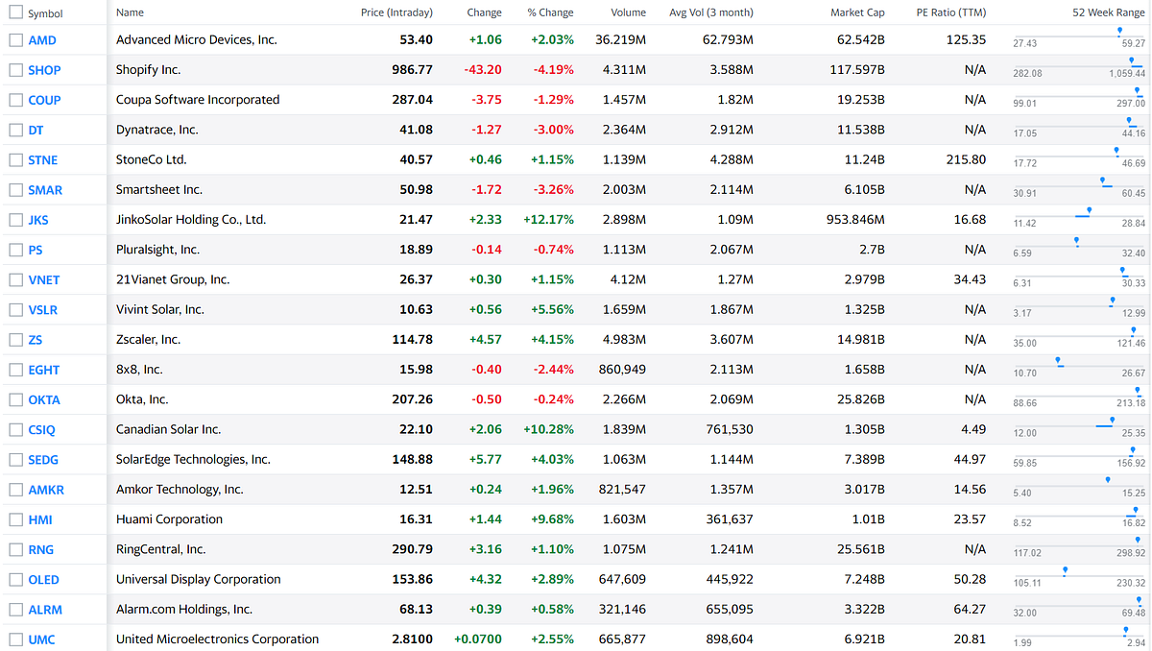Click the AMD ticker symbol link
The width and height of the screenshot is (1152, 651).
(42, 40)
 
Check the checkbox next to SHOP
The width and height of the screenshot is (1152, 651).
(15, 70)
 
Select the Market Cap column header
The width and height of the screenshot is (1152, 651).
(857, 12)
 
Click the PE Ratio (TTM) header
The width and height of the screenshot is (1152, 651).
(950, 12)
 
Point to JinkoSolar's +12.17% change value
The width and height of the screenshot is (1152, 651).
(548, 220)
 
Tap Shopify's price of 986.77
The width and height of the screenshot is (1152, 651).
(412, 70)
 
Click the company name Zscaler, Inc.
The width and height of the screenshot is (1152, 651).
(148, 340)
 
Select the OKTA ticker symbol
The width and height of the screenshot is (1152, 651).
(44, 400)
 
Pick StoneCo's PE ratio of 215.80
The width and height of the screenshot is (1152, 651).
(966, 160)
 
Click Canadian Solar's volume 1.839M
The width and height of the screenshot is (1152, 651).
(624, 430)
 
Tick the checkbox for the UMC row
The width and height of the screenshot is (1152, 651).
(15, 639)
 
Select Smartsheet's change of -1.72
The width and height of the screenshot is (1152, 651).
(487, 190)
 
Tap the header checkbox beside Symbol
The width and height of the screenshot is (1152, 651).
(15, 13)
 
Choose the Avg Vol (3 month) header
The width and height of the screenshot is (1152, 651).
(710, 12)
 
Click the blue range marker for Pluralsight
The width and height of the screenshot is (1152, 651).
(1077, 241)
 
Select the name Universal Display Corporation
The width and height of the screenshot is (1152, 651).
(198, 580)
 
